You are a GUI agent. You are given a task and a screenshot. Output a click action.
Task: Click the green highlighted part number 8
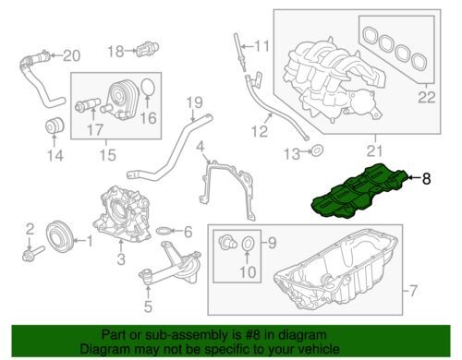click(x=360, y=192)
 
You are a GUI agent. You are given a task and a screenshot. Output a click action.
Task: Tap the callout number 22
click(x=427, y=97)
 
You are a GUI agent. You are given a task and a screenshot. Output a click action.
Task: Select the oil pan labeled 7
click(x=335, y=270)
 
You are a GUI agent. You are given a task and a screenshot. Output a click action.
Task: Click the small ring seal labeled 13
click(x=317, y=151)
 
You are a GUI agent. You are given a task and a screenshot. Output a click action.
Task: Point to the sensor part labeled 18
click(x=148, y=49)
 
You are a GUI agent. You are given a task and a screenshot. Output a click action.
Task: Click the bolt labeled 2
click(x=32, y=254)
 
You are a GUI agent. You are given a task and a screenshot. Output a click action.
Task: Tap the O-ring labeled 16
click(x=148, y=88)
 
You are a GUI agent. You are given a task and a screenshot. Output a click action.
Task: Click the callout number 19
click(x=195, y=102)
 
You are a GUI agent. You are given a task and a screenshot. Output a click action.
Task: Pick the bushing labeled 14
click(x=55, y=126)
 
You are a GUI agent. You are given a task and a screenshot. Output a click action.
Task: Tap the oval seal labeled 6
click(x=163, y=231)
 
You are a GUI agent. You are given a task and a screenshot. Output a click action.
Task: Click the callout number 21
click(x=375, y=151)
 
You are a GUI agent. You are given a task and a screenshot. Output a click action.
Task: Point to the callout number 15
click(x=107, y=155)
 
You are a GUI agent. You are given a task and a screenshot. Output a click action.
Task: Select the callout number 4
click(x=201, y=147)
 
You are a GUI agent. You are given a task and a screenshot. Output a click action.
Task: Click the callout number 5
click(x=148, y=306)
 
